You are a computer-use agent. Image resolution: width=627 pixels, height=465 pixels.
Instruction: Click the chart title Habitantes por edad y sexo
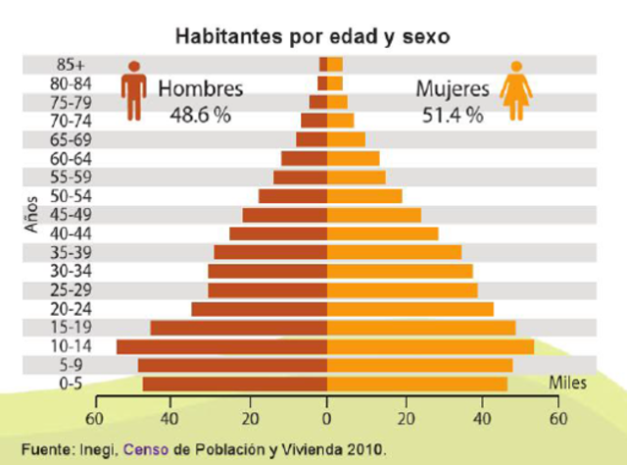[x=313, y=37]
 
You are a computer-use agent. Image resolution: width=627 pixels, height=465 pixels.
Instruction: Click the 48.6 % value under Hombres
[x=200, y=115]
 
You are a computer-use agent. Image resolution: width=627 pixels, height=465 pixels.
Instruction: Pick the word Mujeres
[x=452, y=88]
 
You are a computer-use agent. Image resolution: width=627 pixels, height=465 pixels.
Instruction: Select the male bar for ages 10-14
[x=221, y=346]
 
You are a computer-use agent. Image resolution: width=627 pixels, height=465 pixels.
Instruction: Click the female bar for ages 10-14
[x=430, y=346]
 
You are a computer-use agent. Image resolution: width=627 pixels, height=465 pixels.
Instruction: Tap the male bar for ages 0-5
[x=235, y=384]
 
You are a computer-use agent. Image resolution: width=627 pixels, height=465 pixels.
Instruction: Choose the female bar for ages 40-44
[x=382, y=233]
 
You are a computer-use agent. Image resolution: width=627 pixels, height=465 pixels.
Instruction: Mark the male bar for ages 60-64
[x=304, y=158]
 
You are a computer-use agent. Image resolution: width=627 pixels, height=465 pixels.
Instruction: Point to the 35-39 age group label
[x=70, y=252]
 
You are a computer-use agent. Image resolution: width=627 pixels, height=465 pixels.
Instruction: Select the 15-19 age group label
[x=70, y=328]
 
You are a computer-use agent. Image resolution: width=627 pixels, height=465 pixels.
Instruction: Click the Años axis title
[x=32, y=215]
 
